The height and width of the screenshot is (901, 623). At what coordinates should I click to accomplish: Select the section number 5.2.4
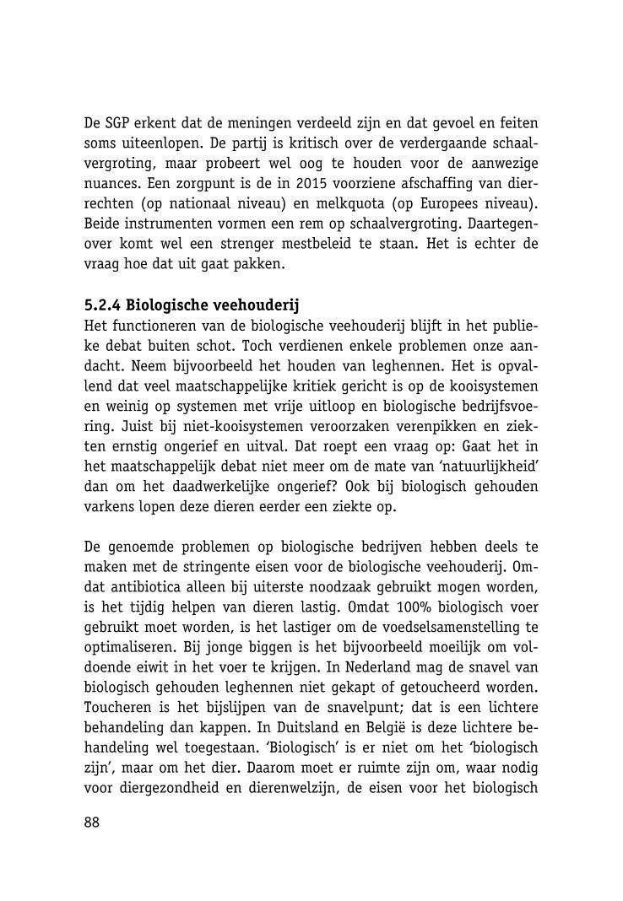102,304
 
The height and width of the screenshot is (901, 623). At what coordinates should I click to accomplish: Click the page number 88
92,823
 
